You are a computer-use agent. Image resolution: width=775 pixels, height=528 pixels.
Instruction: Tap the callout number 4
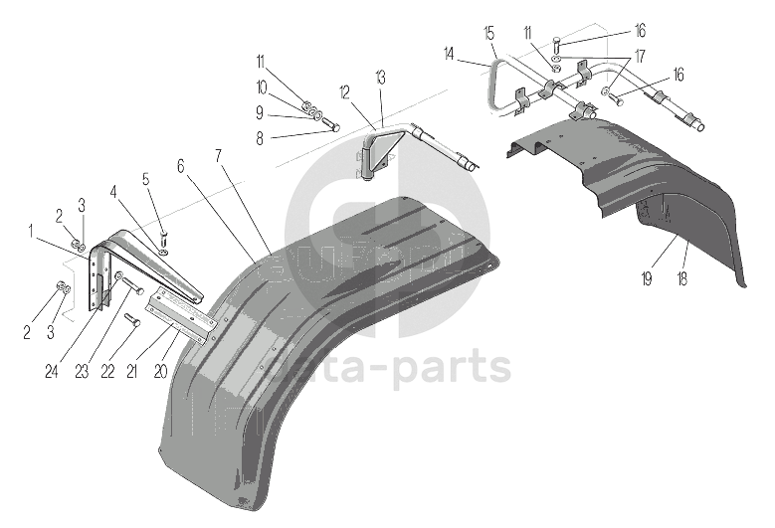click(x=113, y=190)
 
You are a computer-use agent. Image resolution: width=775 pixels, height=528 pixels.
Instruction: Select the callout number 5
click(x=145, y=179)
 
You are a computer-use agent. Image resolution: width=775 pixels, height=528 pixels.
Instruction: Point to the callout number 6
click(x=182, y=167)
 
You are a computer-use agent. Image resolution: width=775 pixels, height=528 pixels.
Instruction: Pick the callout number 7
click(x=218, y=156)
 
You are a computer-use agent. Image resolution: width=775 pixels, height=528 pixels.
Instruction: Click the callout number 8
click(x=260, y=140)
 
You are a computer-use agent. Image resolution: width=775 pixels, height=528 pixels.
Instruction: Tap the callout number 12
click(x=343, y=92)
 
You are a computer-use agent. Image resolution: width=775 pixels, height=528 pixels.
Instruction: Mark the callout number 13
click(x=380, y=77)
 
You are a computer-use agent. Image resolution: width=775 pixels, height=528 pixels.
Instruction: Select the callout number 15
click(x=488, y=33)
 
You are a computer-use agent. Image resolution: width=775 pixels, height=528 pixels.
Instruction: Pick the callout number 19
click(x=647, y=281)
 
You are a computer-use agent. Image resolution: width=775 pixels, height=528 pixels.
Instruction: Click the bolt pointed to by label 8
click(x=332, y=126)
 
